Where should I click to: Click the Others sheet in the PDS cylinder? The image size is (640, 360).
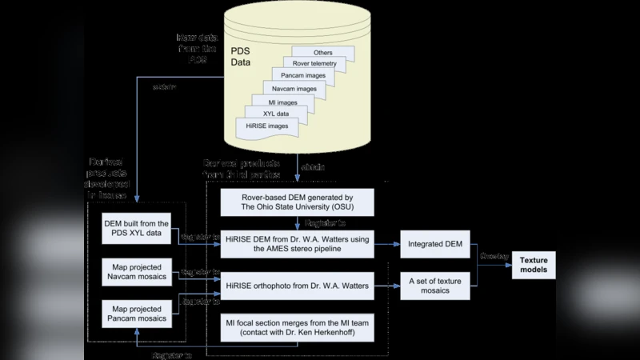(x=323, y=53)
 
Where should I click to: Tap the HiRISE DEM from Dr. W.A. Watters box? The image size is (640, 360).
(x=297, y=242)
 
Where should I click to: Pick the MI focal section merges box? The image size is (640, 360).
(x=297, y=329)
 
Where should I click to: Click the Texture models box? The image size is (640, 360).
(x=534, y=266)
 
